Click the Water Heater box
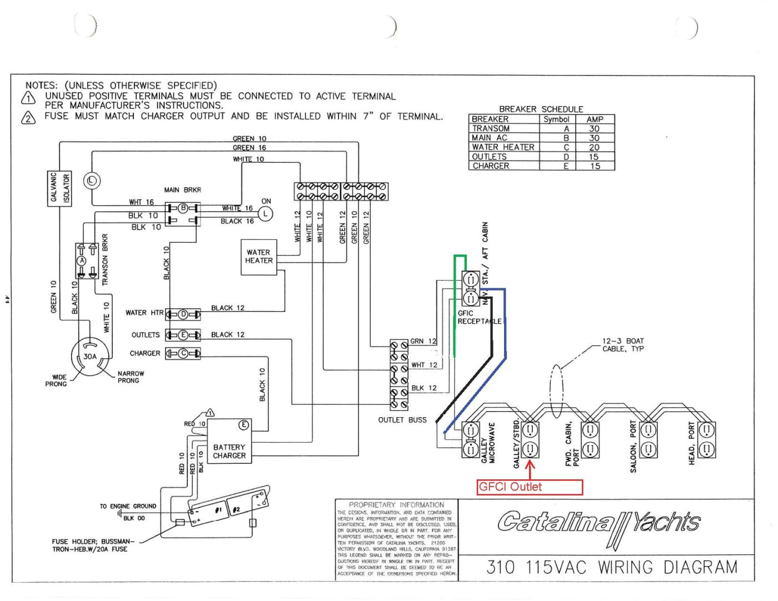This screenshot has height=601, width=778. point(258,257)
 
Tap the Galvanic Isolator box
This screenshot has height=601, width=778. point(59,189)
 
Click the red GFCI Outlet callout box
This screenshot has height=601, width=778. point(530,487)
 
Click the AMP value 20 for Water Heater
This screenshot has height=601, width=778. point(594,147)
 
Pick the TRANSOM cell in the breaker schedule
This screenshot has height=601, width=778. point(491,128)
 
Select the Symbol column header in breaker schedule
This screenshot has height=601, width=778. point(556,119)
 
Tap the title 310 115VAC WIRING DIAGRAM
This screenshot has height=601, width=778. point(612,568)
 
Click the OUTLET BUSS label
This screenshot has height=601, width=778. point(402,420)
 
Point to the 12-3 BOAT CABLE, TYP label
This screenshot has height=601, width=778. point(623,345)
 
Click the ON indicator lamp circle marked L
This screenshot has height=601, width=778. point(266,214)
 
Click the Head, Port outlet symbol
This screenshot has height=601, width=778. point(706,439)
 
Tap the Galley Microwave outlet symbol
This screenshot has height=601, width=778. point(471,439)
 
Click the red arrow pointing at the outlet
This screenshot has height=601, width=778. point(530,469)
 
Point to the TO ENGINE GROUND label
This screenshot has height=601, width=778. point(128,506)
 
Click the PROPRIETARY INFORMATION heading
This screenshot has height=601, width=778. point(396,505)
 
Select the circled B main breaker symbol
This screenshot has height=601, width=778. point(182,208)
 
